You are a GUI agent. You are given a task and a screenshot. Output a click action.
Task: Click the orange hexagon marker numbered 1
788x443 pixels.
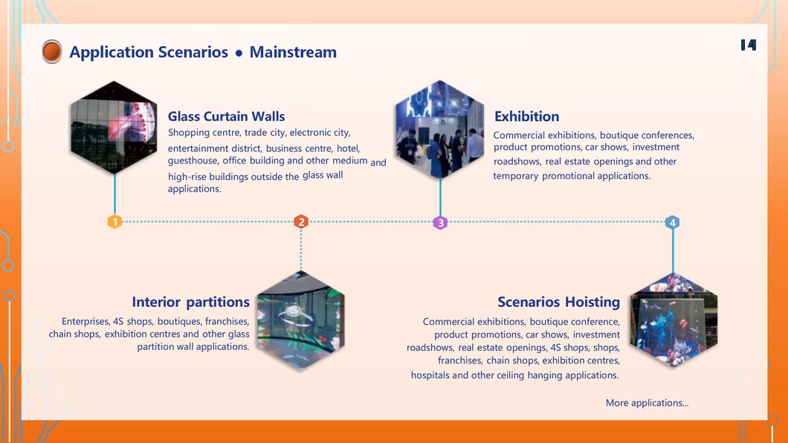point(114,221)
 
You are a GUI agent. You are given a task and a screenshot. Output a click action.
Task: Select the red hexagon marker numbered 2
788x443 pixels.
point(301,221)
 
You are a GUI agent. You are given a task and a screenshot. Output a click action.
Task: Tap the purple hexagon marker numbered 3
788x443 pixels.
point(440,222)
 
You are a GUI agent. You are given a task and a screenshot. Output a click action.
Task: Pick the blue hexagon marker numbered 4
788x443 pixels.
point(673,222)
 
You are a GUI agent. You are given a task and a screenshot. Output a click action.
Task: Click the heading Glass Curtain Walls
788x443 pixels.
point(226,117)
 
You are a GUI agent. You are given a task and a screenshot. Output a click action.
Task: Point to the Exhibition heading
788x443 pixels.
point(526,117)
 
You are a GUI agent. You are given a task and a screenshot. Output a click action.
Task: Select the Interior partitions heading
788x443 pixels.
point(190,302)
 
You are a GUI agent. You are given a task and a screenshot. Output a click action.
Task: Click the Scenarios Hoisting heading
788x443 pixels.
point(559,302)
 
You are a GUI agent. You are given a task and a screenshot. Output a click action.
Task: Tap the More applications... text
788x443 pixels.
point(647,403)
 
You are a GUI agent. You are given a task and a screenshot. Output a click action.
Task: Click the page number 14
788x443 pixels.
point(749,45)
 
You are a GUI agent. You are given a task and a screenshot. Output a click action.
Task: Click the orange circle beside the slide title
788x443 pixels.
point(52,51)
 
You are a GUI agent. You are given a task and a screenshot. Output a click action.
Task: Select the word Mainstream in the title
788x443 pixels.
point(293,52)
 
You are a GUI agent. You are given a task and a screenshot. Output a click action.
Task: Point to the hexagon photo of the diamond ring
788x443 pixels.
point(300,321)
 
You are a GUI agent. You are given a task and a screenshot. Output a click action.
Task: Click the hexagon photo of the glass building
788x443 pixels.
point(114,128)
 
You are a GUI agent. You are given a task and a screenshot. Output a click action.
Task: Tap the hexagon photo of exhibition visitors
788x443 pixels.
point(440,129)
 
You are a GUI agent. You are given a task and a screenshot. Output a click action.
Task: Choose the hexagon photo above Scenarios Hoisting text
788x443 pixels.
point(674,320)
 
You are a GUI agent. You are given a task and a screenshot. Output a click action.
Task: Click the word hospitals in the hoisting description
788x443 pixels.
point(430,375)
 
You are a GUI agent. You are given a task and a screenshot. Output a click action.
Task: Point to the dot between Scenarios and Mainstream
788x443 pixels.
point(239,53)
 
